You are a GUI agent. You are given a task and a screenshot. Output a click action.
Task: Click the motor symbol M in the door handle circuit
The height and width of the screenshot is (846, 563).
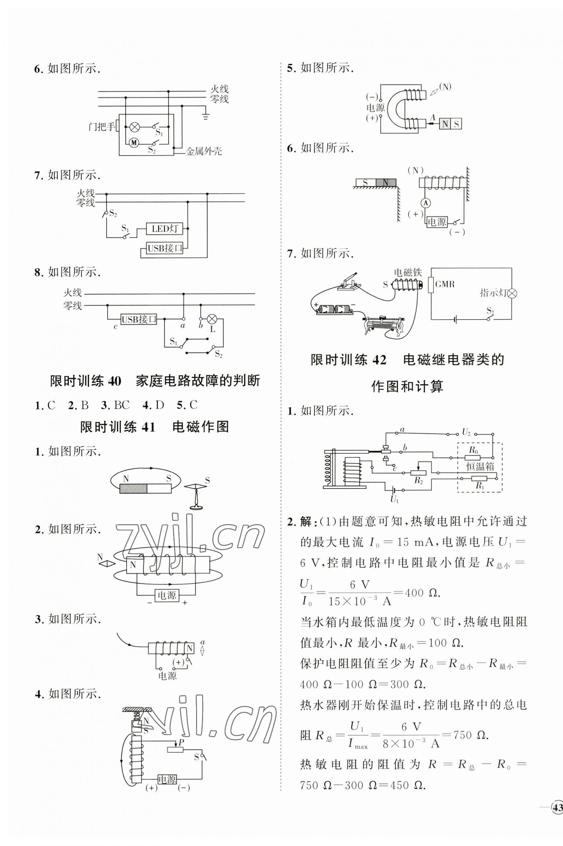click(x=134, y=143)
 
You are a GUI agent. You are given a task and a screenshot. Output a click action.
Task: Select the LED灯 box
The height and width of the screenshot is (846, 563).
click(x=165, y=229)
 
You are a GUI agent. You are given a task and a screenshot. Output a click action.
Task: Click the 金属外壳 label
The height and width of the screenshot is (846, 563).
click(x=204, y=151)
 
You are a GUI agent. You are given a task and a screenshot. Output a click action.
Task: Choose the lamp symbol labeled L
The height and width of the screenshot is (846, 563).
click(x=212, y=318)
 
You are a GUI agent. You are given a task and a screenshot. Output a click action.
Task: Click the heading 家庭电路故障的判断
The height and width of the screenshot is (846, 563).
click(x=197, y=381)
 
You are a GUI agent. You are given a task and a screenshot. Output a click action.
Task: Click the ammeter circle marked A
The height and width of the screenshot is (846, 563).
click(x=425, y=203)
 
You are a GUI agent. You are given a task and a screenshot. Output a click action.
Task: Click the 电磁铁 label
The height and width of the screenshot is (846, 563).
click(x=407, y=272)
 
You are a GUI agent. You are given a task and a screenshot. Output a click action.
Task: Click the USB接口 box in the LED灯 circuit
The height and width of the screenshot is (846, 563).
click(x=165, y=248)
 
